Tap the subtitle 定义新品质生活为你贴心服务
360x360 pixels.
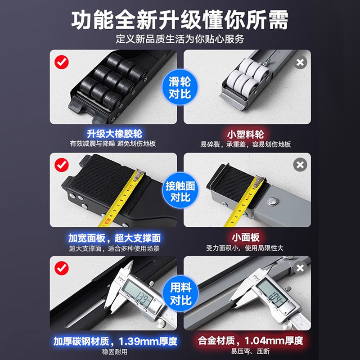coord(180,39)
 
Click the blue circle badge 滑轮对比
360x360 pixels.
coord(180,88)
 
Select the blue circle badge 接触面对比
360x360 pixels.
coord(180,191)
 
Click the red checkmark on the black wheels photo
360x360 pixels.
coord(61,62)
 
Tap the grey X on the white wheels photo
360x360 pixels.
coord(300,62)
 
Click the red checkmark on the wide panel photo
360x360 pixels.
coord(61,165)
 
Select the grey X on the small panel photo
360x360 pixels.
coord(300,165)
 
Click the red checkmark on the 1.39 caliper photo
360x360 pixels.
coord(61,269)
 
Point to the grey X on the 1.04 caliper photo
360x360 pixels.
coord(300,269)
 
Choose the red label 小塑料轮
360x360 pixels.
coord(245,134)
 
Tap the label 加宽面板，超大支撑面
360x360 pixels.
coord(114,238)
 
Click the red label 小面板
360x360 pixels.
coord(245,238)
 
